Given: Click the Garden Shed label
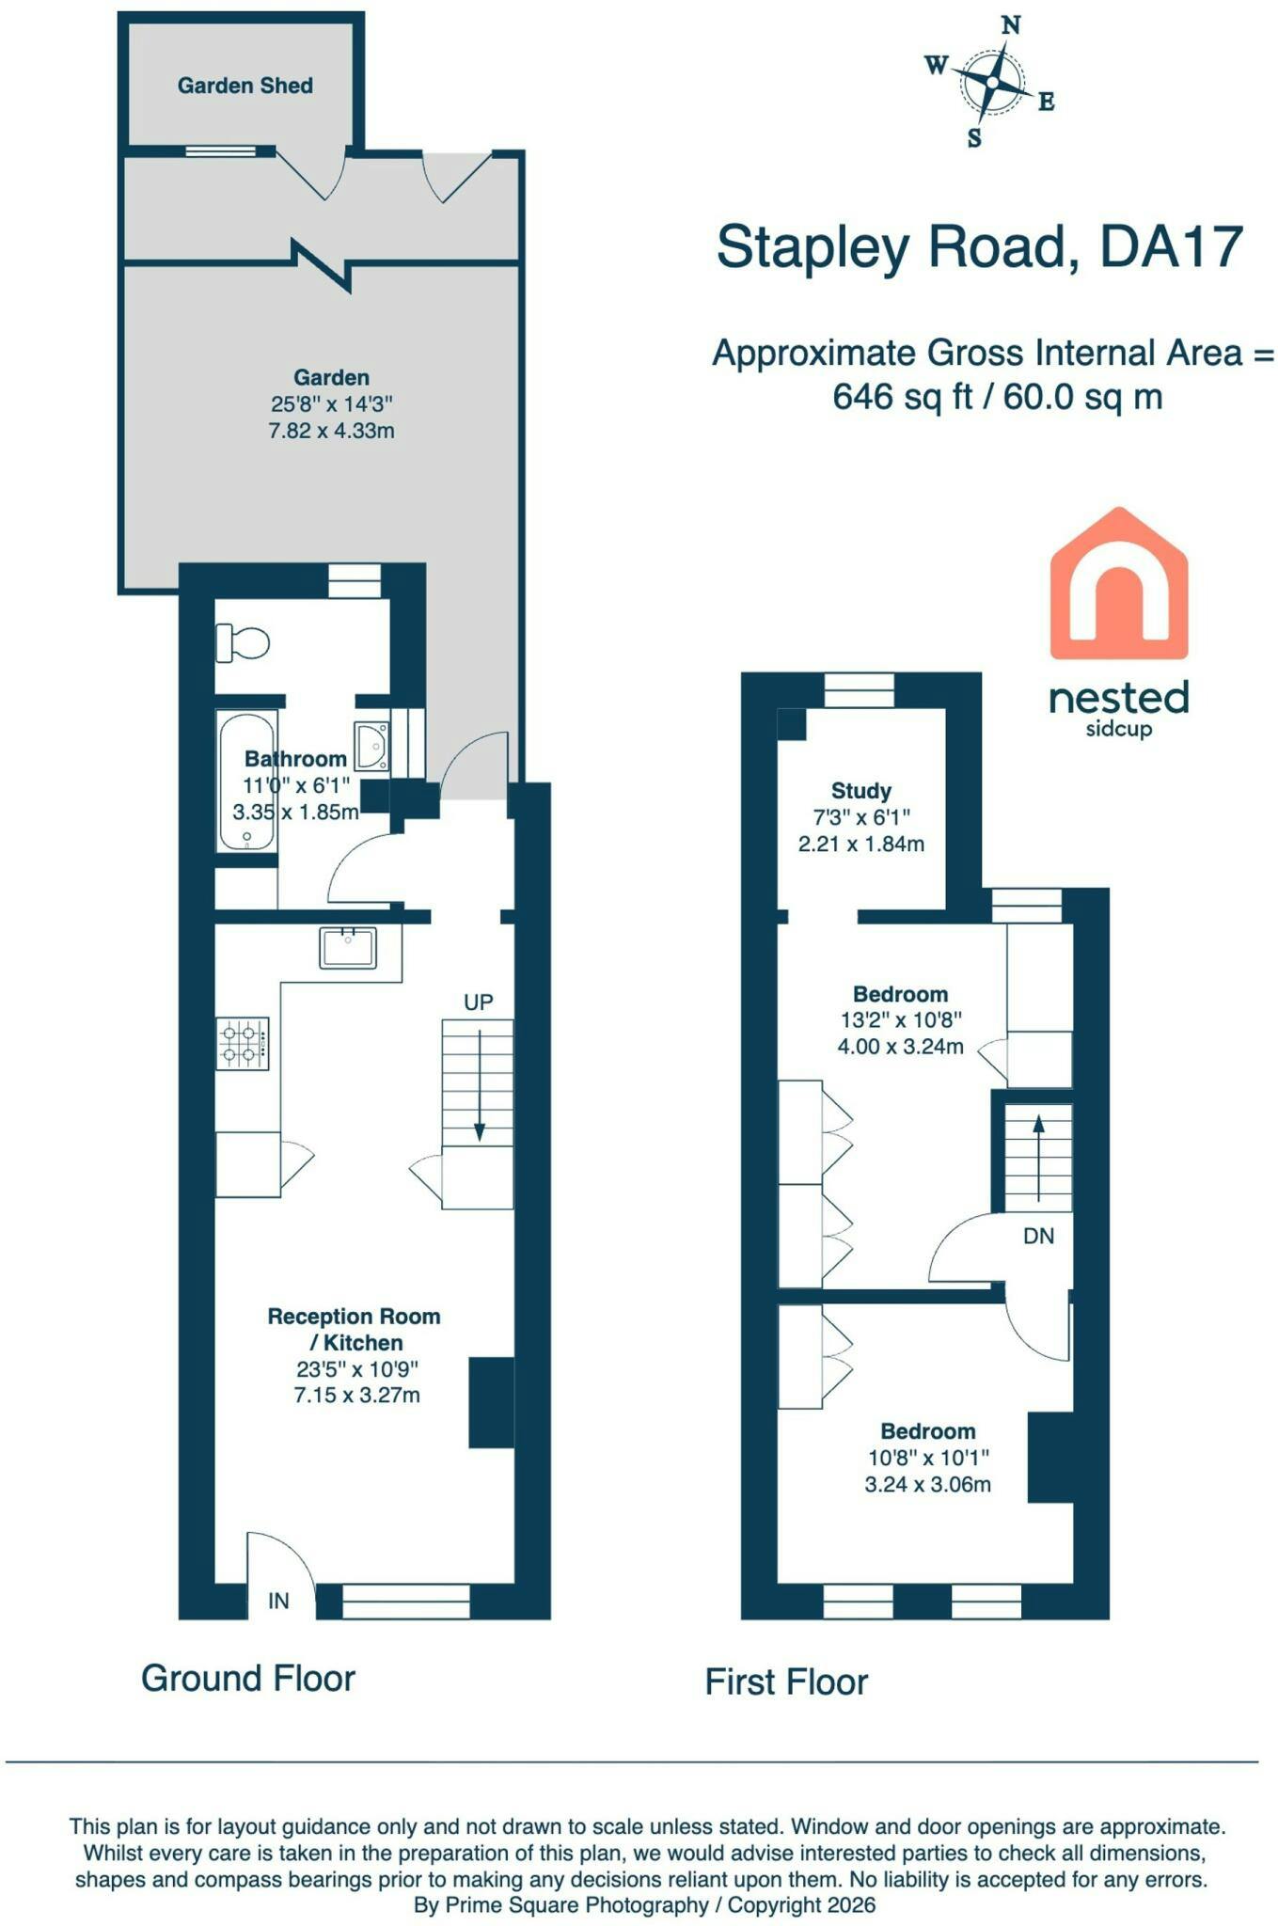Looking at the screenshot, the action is pyautogui.click(x=245, y=86).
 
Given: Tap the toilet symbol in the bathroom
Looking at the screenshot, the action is pyautogui.click(x=243, y=644).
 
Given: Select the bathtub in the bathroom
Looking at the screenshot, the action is pyautogui.click(x=246, y=781).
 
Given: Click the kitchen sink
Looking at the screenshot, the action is pyautogui.click(x=348, y=948).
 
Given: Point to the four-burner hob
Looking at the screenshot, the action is pyautogui.click(x=243, y=1043).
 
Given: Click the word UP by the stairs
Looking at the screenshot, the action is pyautogui.click(x=479, y=1002).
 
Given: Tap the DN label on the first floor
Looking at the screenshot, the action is pyautogui.click(x=1039, y=1237).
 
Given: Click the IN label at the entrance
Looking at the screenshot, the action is pyautogui.click(x=278, y=1601).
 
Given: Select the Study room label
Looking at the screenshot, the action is pyautogui.click(x=861, y=791).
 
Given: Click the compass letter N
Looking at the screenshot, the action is pyautogui.click(x=1011, y=25).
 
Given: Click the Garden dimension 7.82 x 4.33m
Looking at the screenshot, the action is pyautogui.click(x=331, y=432).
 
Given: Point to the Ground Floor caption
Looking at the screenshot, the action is pyautogui.click(x=248, y=1679).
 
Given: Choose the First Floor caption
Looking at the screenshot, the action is pyautogui.click(x=787, y=1682).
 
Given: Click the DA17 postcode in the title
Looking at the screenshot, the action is pyautogui.click(x=1172, y=247).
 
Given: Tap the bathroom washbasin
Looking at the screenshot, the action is pyautogui.click(x=371, y=746).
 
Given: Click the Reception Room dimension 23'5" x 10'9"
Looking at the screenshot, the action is pyautogui.click(x=357, y=1369).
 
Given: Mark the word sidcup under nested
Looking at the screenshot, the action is pyautogui.click(x=1119, y=729).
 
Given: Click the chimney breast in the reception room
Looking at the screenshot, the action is pyautogui.click(x=492, y=1402).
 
